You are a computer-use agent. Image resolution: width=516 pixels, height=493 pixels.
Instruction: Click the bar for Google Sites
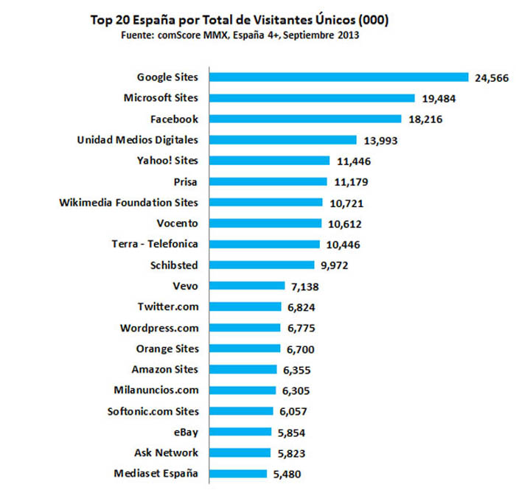coord(338,77)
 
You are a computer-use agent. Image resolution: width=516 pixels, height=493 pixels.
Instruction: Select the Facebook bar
coord(305,119)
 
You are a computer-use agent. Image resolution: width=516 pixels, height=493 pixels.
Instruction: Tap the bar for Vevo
coord(247,285)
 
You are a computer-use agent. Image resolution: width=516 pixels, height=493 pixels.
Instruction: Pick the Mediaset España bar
coord(238,474)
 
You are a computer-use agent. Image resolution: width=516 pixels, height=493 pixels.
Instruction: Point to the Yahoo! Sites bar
coord(269,161)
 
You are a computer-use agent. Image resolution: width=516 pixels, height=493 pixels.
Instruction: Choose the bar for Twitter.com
coord(245,307)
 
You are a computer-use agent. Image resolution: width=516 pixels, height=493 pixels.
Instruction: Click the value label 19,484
coord(439,99)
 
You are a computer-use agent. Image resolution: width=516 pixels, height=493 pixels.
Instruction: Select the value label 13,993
coord(380,141)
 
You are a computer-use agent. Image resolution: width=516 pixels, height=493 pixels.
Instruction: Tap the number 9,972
coord(335,265)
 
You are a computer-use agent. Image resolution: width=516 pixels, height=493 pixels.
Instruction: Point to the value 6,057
coord(293,411)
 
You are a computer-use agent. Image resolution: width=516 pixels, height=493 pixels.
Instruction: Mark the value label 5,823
coord(291,453)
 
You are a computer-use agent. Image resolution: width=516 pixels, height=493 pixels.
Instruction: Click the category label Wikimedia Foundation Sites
coord(129,203)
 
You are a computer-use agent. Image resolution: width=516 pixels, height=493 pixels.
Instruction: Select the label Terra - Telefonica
coord(155,244)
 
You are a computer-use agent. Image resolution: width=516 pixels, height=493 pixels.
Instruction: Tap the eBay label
coord(186,432)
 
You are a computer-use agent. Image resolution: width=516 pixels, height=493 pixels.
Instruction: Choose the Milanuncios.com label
coord(156,390)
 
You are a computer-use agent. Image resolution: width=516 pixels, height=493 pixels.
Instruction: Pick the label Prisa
coord(185,182)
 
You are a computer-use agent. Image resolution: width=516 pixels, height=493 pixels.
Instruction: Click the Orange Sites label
coord(167,349)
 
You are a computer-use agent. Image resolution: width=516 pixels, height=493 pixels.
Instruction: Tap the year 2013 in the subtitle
coord(348,35)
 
